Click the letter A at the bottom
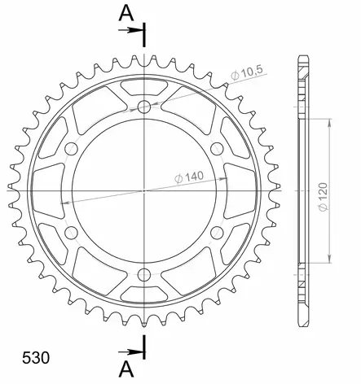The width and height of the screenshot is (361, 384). click(x=125, y=369)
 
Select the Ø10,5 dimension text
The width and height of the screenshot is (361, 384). click(x=246, y=75)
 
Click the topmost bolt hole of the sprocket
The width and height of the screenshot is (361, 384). click(x=144, y=107)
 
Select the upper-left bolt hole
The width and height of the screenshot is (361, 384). click(x=72, y=149)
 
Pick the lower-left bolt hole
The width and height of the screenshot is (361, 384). click(x=72, y=233)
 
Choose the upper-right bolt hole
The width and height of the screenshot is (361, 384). click(x=217, y=149)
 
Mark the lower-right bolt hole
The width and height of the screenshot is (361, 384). click(x=217, y=233)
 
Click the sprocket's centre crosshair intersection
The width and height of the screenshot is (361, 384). click(x=144, y=190)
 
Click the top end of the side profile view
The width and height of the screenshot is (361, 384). click(x=303, y=57)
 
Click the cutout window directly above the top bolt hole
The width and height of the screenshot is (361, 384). click(x=144, y=85)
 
